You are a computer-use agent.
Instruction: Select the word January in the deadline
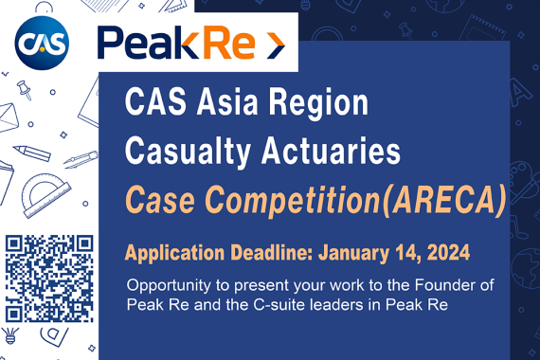click(355, 253)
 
